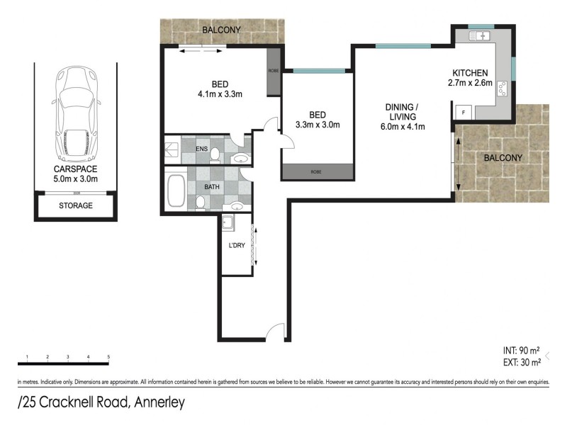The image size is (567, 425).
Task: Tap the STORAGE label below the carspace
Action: (x=75, y=206)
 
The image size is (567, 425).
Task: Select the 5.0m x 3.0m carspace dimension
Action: (x=75, y=180)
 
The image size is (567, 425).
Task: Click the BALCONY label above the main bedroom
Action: (x=221, y=30)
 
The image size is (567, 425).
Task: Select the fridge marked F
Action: (x=464, y=111)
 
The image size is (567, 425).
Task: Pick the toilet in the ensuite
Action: (x=215, y=152)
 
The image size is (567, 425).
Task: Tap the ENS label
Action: (x=202, y=149)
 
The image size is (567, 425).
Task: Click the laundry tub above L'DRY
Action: (x=228, y=224)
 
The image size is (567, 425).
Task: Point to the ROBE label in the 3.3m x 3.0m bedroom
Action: (x=317, y=171)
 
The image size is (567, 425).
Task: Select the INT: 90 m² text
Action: (x=521, y=351)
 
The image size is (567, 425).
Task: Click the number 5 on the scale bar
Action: (x=108, y=356)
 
